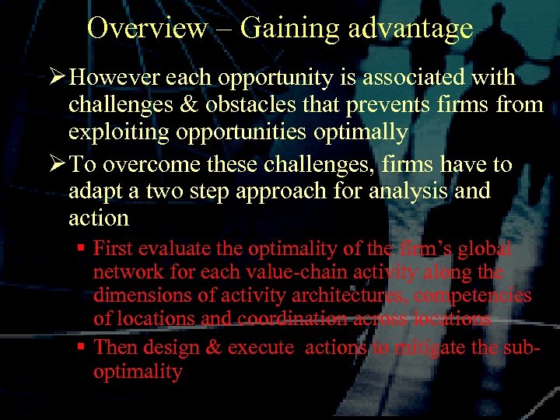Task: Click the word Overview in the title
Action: pos(147,28)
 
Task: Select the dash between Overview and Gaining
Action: pos(224,30)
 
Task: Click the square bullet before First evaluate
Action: pos(80,250)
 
